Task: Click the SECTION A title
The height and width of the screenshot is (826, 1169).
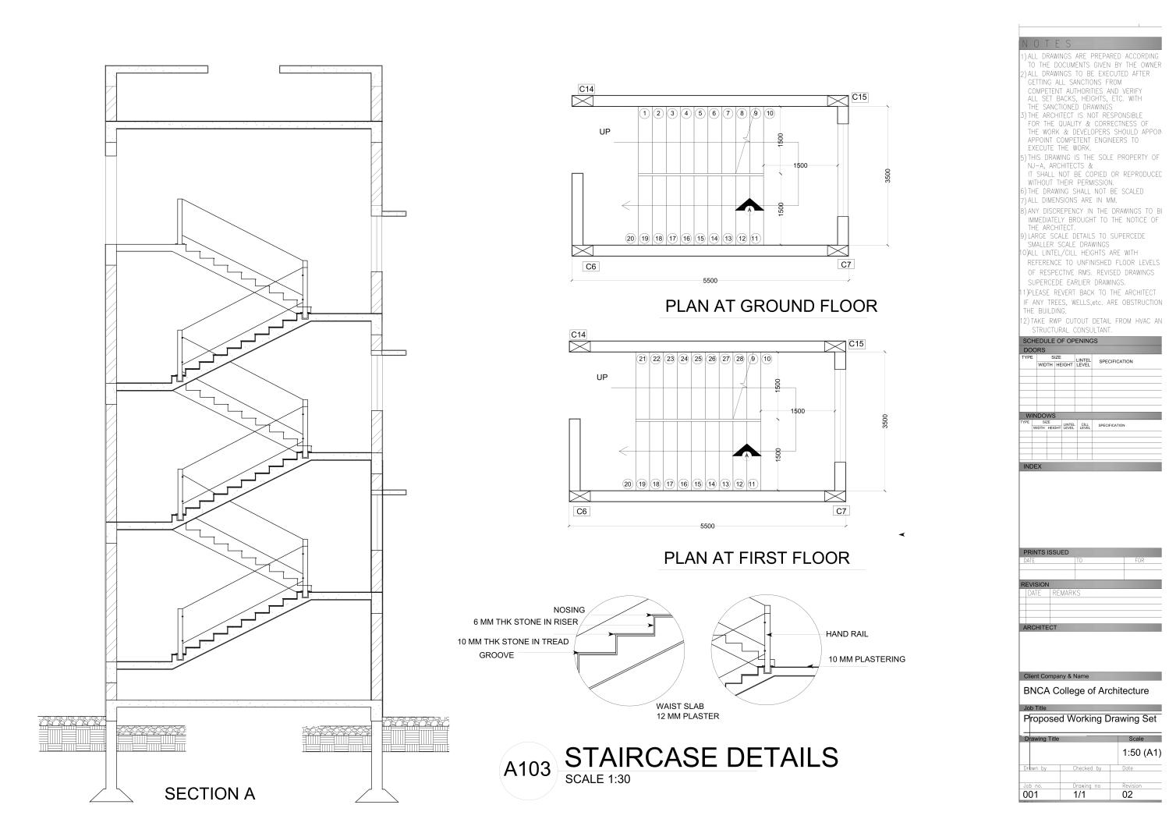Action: (210, 794)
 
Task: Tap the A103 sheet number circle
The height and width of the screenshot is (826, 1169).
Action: (527, 770)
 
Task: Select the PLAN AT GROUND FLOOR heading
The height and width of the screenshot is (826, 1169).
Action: (770, 306)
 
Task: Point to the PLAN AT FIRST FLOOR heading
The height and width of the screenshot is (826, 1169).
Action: (756, 558)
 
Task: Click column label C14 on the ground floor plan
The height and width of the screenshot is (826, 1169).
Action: (586, 89)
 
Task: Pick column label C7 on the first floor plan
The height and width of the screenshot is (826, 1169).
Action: (841, 511)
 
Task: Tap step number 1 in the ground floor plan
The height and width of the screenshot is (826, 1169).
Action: (645, 114)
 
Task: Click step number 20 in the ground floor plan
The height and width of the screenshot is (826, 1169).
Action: (631, 239)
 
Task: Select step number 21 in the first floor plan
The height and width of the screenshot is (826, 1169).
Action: (643, 360)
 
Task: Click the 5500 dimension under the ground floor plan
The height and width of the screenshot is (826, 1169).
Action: (710, 281)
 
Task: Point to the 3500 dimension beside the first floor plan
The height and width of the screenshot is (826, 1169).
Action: (884, 420)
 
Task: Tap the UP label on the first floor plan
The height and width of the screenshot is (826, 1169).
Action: (602, 378)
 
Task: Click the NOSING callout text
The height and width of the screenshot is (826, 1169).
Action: (569, 610)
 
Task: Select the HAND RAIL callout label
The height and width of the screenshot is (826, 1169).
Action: (847, 634)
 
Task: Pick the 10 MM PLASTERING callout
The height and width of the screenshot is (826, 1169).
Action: (866, 659)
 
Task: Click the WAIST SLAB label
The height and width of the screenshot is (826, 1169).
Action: (681, 706)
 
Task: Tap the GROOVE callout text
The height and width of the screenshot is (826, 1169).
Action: (496, 655)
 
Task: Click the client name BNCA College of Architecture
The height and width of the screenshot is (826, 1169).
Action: (1086, 690)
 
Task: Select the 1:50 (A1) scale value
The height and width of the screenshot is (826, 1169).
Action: (1140, 753)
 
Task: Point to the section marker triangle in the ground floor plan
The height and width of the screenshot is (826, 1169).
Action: (749, 205)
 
